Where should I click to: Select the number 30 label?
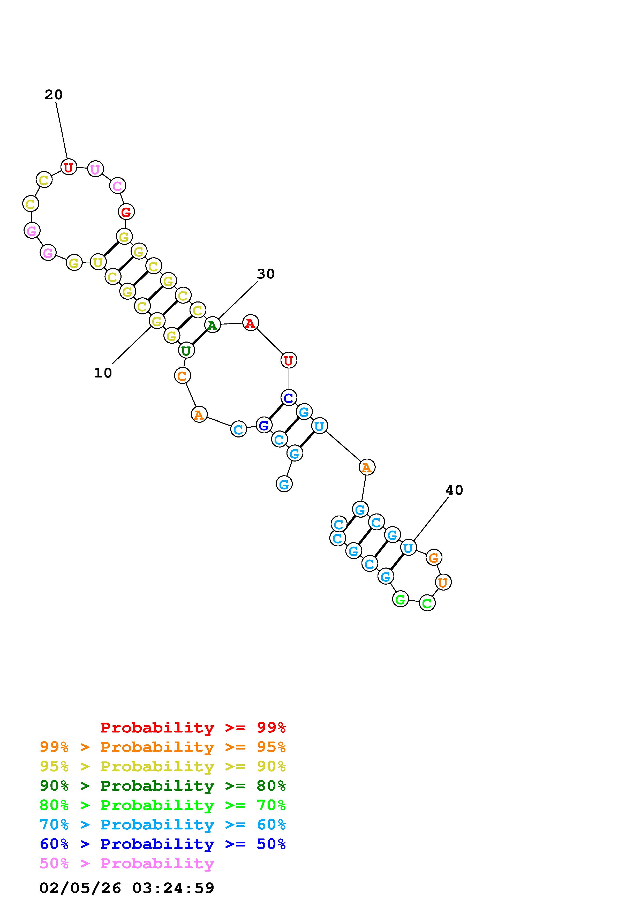click(265, 274)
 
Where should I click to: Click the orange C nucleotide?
click(182, 376)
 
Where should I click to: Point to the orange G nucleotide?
click(434, 558)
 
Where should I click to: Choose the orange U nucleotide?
click(443, 582)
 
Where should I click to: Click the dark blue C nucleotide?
click(289, 397)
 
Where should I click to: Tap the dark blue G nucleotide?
click(264, 426)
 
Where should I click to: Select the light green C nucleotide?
click(427, 603)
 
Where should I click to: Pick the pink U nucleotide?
click(95, 169)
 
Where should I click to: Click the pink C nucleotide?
click(117, 186)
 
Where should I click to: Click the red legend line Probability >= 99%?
click(193, 728)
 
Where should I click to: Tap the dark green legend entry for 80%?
click(163, 786)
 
